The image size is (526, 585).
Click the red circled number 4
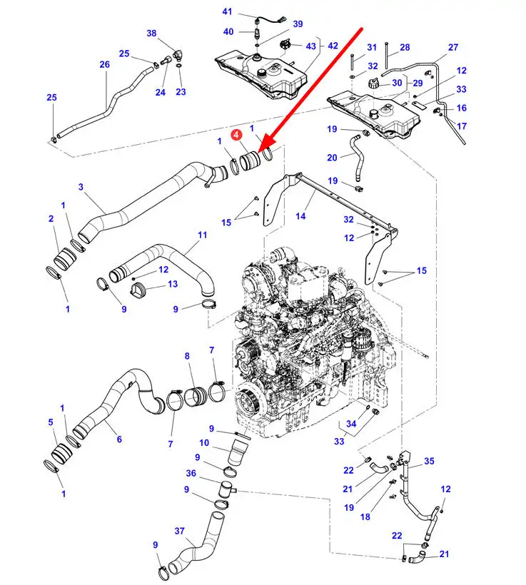[x=236, y=132]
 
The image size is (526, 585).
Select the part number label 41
[x=227, y=12]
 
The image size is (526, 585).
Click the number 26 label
[x=105, y=64]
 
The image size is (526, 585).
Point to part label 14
[x=301, y=215]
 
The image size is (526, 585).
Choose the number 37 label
[x=179, y=531]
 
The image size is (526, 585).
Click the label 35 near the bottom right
[x=430, y=462]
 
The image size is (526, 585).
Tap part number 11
[x=202, y=235]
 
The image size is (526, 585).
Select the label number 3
[x=81, y=187]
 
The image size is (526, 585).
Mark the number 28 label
[x=405, y=47]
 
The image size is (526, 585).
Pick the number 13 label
[x=172, y=284]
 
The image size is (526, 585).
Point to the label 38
[x=151, y=34]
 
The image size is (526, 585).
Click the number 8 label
[x=187, y=355]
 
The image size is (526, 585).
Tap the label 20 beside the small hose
[x=332, y=158]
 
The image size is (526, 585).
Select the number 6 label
[x=118, y=440]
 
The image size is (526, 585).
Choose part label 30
[x=398, y=83]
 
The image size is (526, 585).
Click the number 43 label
[x=310, y=46]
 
